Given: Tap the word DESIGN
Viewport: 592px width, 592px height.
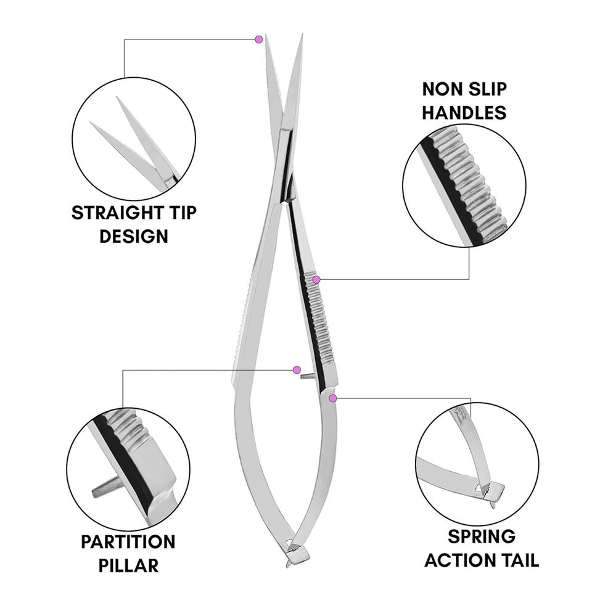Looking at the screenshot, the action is [x=134, y=236].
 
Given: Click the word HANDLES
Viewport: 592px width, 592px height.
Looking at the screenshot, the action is [x=464, y=113].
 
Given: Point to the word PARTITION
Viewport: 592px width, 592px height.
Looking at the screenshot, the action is [x=128, y=542].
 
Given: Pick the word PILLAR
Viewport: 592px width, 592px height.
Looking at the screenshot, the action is [x=128, y=565].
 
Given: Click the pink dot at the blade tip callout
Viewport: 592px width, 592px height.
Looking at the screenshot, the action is [x=259, y=39].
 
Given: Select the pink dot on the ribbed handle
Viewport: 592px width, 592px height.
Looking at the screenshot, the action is [x=316, y=280].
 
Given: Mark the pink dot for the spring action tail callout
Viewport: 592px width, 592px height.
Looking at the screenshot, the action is [x=333, y=398].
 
